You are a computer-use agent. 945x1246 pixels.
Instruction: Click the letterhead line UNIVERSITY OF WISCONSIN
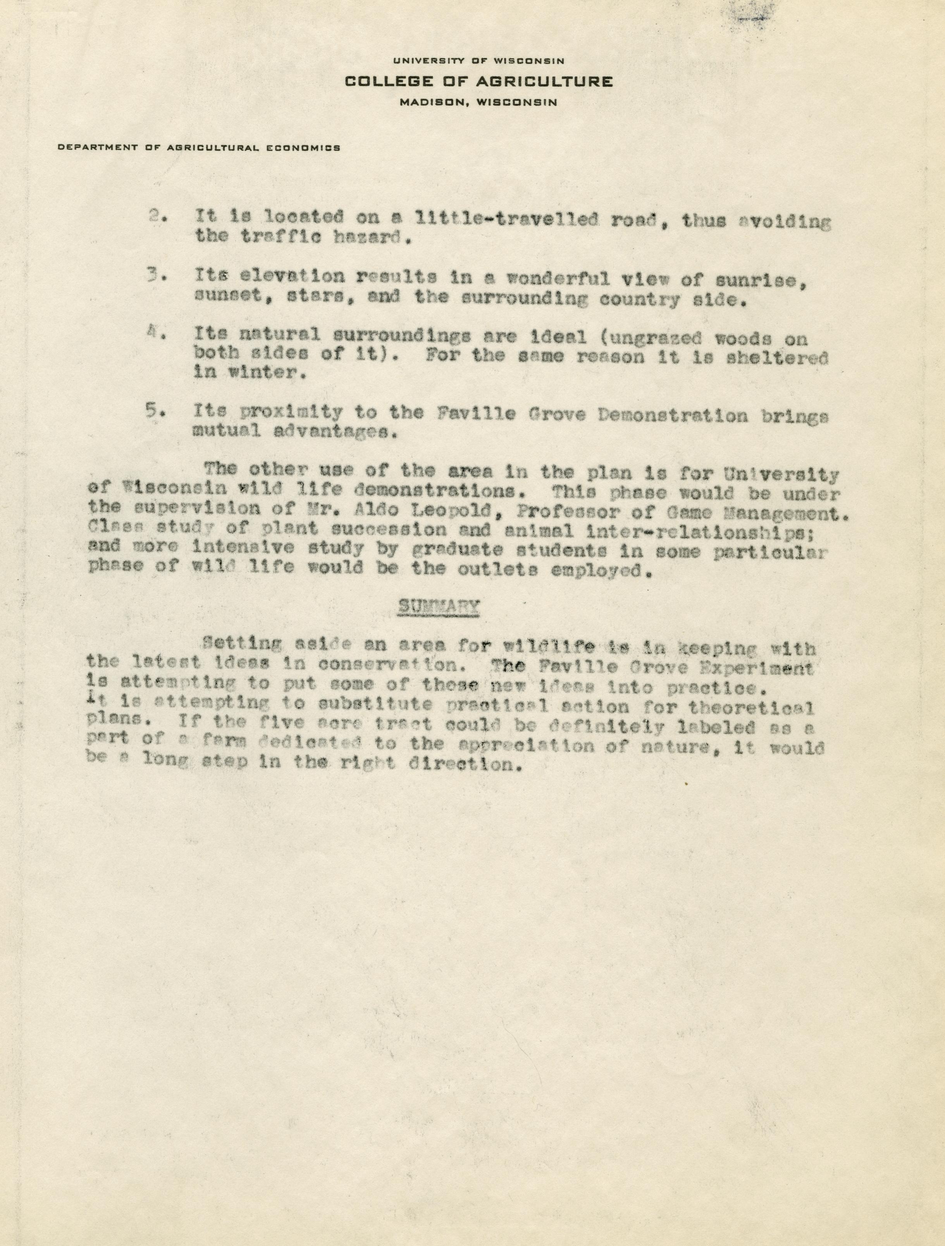tap(479, 61)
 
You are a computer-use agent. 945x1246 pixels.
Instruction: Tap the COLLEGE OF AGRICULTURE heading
tap(479, 82)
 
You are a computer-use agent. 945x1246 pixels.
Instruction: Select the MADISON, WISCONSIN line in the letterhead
tap(479, 103)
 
